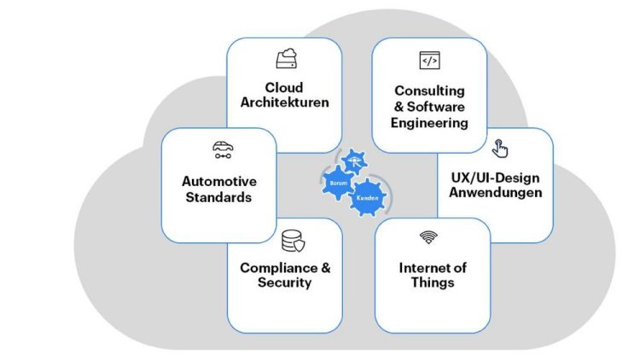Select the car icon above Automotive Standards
tap(223, 150)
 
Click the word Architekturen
tap(284, 104)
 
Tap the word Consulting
tap(429, 90)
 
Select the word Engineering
tap(430, 123)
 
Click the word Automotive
tap(219, 181)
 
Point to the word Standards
tap(219, 197)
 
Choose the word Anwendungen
tap(496, 193)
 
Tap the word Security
tap(284, 283)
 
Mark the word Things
tap(432, 283)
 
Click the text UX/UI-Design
tap(496, 177)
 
